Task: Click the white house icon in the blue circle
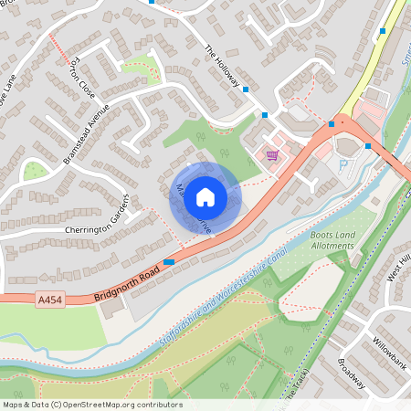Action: (x=205, y=196)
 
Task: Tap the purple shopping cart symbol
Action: (x=271, y=155)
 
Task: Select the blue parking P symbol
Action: (x=344, y=164)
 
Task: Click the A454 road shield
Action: (x=50, y=299)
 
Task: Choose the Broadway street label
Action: (x=352, y=373)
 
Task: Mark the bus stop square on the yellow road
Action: (x=382, y=31)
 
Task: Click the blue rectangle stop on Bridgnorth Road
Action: (x=169, y=262)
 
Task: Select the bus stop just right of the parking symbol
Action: (x=367, y=146)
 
